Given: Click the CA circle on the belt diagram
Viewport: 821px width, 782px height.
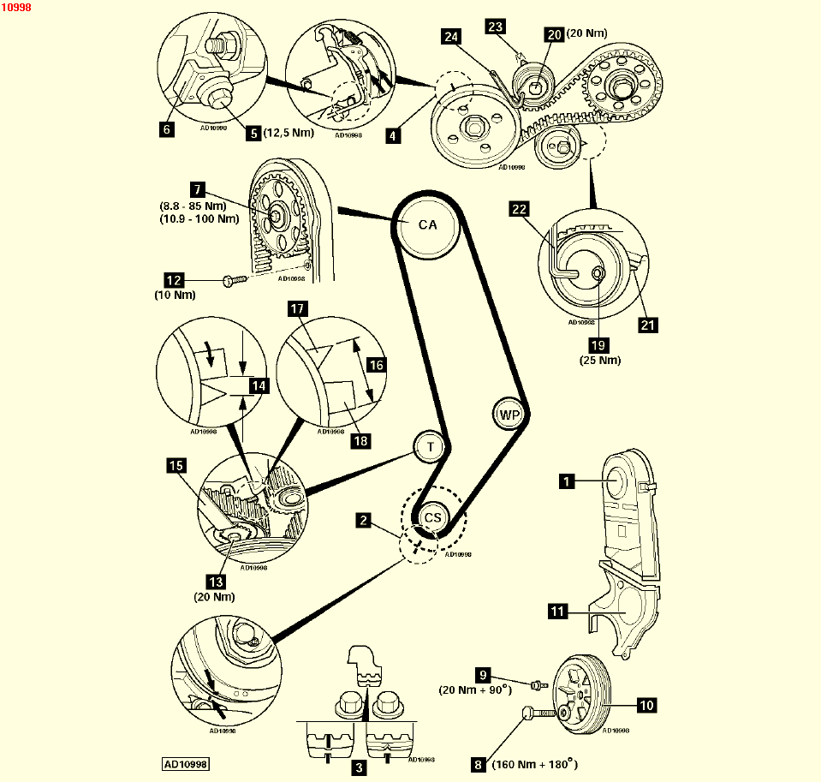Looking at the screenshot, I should tap(427, 225).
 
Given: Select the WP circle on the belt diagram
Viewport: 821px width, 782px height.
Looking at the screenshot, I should tap(510, 415).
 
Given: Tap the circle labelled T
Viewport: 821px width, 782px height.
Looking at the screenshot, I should tap(430, 445).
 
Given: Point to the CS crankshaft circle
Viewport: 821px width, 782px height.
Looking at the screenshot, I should tap(433, 517).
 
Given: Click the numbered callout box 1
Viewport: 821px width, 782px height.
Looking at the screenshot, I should tap(566, 482).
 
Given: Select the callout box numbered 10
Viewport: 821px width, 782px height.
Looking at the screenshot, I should tap(645, 706).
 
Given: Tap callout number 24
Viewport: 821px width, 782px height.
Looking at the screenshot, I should tap(451, 36).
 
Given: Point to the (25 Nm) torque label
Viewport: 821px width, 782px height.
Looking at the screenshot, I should tap(598, 360).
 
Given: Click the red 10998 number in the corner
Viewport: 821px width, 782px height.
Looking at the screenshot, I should tap(17, 7).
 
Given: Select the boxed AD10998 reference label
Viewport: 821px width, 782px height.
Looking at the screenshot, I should tap(186, 762).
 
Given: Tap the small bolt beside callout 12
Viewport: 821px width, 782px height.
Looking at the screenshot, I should tap(234, 279).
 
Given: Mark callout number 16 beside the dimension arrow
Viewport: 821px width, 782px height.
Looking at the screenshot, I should tap(376, 365).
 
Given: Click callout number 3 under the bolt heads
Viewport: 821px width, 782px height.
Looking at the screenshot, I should tap(360, 768).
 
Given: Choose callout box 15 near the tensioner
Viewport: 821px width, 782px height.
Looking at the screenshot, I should tap(176, 465).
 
